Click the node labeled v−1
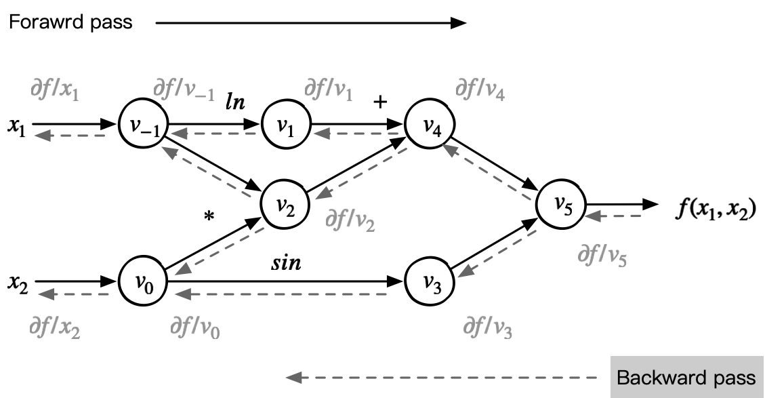point(143,125)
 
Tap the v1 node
point(286,125)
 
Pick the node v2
point(286,202)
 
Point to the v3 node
point(429,280)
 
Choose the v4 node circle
point(429,125)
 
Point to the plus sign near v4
point(380,102)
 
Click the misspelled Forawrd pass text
point(70,22)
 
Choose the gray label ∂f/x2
point(55,328)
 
